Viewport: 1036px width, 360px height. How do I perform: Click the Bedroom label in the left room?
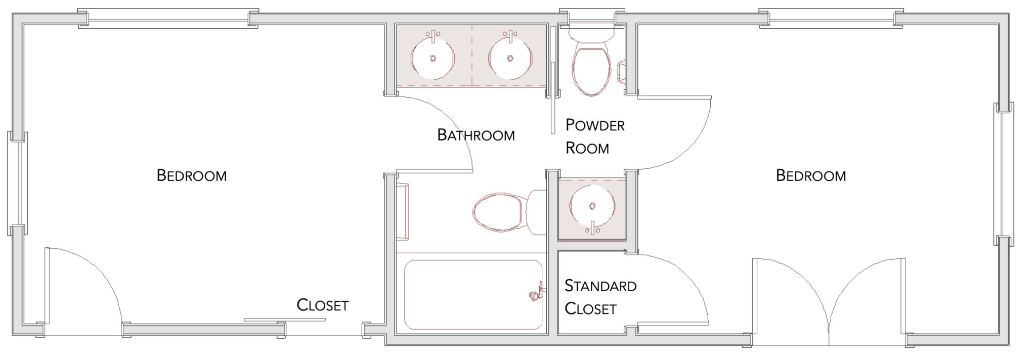(x=191, y=175)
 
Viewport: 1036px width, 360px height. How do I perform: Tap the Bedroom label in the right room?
(x=810, y=175)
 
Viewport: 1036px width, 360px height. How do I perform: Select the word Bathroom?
(x=476, y=135)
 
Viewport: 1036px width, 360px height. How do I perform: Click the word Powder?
(x=595, y=125)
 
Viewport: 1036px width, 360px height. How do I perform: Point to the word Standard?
(x=600, y=286)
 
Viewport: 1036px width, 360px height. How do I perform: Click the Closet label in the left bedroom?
(x=322, y=305)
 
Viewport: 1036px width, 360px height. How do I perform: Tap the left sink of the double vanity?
(x=433, y=57)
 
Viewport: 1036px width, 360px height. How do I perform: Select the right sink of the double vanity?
(x=510, y=57)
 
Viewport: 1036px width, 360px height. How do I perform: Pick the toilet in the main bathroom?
(x=501, y=211)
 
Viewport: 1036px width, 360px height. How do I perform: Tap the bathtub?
(x=473, y=294)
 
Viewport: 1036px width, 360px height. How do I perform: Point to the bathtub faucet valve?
(x=534, y=294)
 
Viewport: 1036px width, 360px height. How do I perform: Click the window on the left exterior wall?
(x=18, y=184)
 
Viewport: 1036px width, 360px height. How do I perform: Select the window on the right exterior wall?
(x=1004, y=175)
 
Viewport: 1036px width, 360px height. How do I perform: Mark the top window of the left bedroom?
(x=168, y=19)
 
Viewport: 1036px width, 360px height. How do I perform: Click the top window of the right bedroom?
(x=831, y=19)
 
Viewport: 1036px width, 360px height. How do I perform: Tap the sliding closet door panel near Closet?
(x=284, y=320)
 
